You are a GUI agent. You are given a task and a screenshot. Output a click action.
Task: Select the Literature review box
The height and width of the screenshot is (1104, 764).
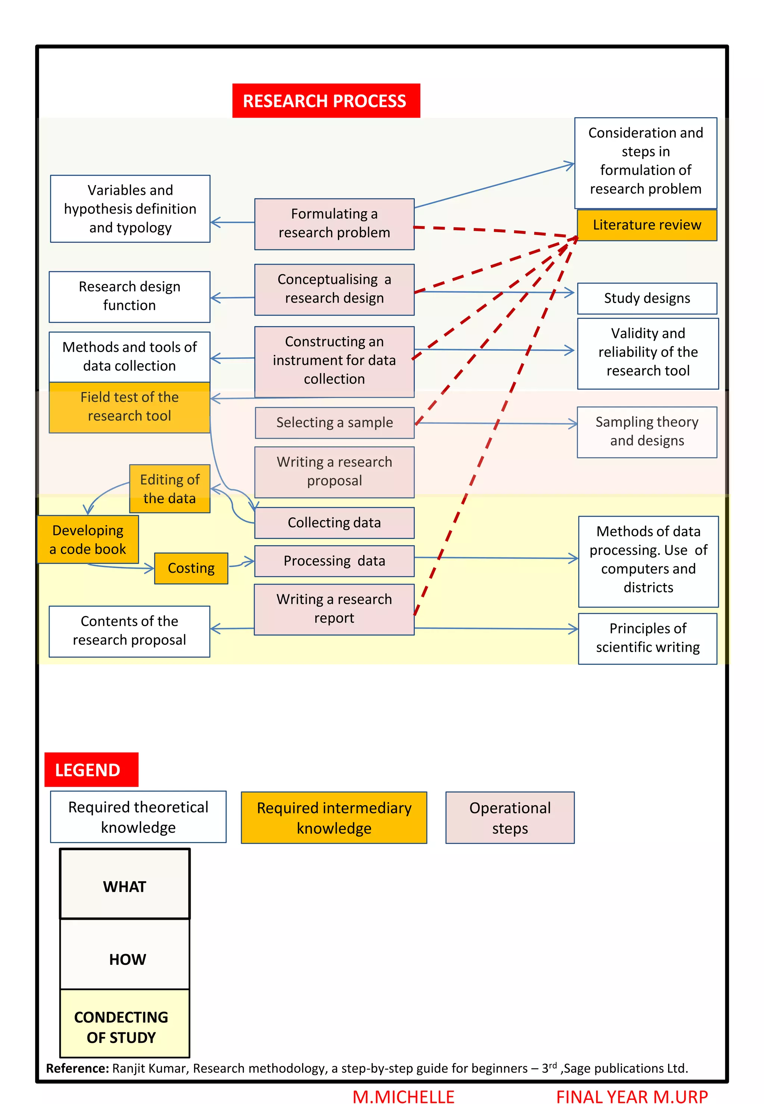[647, 225]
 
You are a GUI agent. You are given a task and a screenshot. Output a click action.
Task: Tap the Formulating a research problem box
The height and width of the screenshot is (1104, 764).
[334, 223]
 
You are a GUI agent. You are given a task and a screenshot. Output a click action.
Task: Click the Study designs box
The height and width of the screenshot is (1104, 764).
[647, 298]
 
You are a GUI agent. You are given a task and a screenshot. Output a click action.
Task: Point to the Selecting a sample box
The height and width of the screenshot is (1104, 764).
[334, 422]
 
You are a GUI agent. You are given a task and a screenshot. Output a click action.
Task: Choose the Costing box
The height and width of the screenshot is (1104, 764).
[191, 568]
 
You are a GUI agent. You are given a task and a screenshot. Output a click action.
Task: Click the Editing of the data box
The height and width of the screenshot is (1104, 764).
[169, 488]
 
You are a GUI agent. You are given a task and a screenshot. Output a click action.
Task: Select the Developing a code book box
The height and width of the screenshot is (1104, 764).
[88, 539]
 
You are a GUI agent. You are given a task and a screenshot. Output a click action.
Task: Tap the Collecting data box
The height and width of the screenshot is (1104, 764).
[334, 522]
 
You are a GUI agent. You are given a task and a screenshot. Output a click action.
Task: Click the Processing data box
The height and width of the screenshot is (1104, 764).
[334, 561]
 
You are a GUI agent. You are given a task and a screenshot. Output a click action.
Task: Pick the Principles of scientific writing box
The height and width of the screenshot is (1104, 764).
[647, 638]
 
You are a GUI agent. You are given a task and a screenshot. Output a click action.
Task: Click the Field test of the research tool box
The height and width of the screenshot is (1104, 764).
[129, 406]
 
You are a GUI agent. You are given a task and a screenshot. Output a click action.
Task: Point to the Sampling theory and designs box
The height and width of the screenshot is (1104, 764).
[647, 431]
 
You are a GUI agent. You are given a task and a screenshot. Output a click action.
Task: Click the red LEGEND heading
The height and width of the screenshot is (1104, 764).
[91, 770]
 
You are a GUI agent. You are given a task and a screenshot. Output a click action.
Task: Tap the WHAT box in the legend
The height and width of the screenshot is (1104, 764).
[125, 886]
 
